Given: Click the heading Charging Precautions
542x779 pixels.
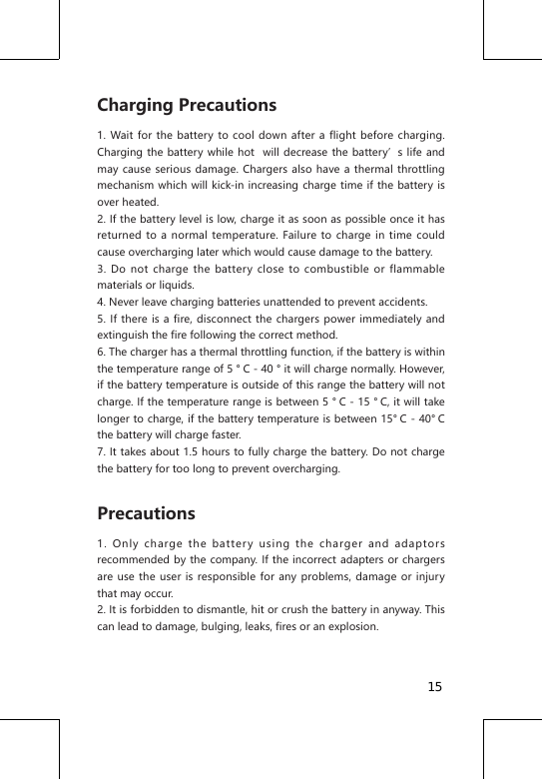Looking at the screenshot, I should (x=187, y=106).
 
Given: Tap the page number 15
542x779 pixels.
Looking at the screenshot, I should (x=435, y=687).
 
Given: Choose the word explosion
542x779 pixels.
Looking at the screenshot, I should (x=349, y=627).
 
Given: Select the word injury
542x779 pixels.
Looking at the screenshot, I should (x=425, y=577).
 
